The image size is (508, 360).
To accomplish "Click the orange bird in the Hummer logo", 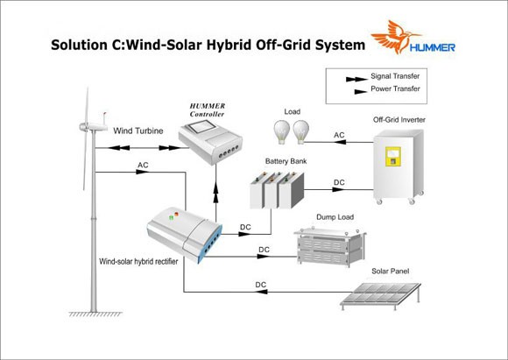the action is [393, 36].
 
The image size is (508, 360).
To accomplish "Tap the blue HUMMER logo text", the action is [432, 47].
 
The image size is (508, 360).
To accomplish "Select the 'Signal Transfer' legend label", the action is [395, 76].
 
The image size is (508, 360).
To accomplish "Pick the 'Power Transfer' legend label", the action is [395, 88].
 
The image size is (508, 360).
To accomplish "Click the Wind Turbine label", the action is [138, 131].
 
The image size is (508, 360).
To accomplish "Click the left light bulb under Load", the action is [281, 132].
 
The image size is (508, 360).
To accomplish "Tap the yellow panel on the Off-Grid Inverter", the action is [393, 157].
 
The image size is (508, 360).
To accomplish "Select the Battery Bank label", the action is [286, 161].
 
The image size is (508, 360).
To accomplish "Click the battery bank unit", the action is [277, 190].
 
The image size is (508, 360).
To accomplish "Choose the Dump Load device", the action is [330, 246].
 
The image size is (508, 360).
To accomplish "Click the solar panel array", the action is [381, 295].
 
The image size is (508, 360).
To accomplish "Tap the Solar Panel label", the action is [390, 272].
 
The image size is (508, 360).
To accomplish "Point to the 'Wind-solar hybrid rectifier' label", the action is [138, 262].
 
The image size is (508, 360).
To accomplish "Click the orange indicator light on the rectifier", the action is [176, 214].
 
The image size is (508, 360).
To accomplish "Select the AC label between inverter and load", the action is [339, 135].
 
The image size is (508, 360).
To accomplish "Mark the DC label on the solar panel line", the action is [261, 285].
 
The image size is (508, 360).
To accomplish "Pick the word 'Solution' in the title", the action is [79, 45].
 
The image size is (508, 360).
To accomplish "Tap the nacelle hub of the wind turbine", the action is [83, 127].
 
